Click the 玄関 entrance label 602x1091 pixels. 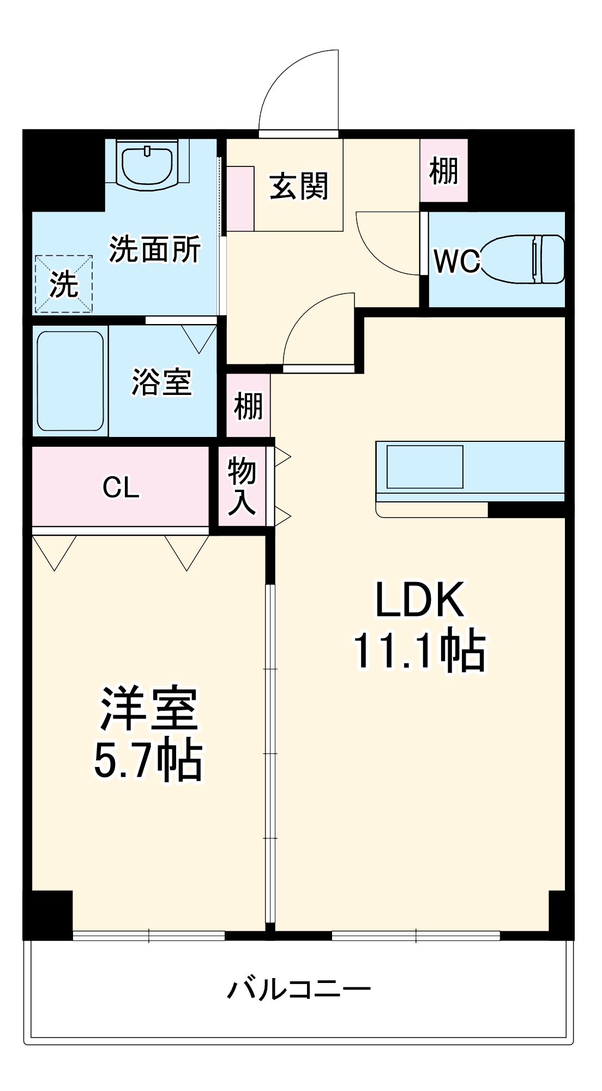[299, 187]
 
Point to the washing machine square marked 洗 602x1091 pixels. [64, 284]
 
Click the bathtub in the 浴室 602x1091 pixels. [70, 381]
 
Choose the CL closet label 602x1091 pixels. [121, 487]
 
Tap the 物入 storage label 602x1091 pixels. [242, 487]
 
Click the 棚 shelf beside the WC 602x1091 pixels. [443, 171]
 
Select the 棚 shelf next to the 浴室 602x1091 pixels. [248, 406]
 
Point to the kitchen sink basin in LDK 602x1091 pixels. [425, 467]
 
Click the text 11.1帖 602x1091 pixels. [419, 650]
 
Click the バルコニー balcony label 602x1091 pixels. [299, 988]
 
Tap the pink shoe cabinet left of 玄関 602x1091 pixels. [240, 199]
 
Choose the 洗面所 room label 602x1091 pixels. [155, 249]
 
